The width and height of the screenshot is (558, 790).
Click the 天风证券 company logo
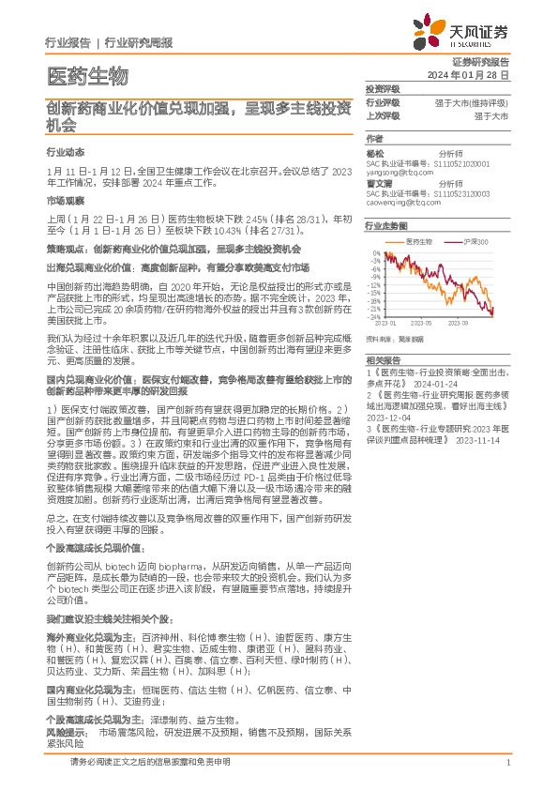tap(466, 33)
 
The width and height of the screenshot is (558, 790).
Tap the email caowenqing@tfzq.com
tap(398, 201)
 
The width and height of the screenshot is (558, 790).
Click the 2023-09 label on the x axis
tap(482, 323)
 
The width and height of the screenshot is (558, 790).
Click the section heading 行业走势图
tap(387, 226)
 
